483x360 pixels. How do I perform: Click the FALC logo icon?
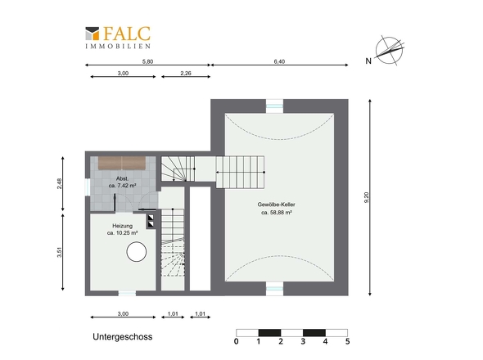coord(93,34)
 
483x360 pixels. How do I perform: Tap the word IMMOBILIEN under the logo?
coord(118,46)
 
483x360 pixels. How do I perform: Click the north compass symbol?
coord(390,51)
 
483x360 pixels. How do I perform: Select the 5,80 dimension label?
coord(147,61)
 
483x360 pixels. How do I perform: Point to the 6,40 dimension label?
coord(279,61)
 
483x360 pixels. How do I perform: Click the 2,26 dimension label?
coord(186,73)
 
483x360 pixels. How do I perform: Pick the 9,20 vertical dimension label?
coord(366,197)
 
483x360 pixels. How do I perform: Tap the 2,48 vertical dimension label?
coord(60,184)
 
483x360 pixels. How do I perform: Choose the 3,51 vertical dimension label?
coord(60,252)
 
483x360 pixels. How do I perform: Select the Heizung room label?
coord(122,226)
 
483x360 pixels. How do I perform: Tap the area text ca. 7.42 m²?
coord(122,186)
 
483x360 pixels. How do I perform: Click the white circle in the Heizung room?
coord(136,252)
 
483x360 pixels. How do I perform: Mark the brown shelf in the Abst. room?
coord(122,163)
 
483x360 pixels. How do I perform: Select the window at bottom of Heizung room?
coord(127,293)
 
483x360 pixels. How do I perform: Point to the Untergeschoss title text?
coord(123,336)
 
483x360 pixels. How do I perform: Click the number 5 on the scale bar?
coord(347,341)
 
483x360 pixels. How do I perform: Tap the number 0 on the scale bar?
coord(237,341)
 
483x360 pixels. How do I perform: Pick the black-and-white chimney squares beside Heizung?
coord(151,221)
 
